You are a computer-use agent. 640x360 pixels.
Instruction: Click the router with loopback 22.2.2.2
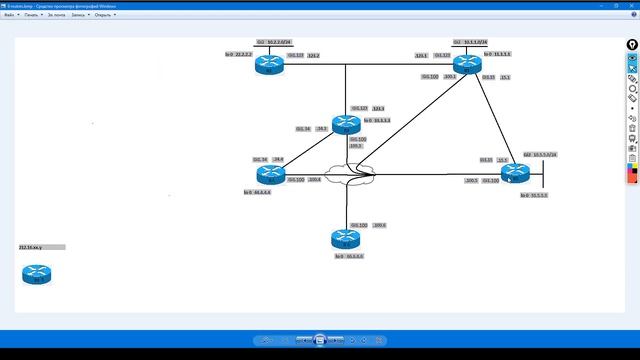pos(268,65)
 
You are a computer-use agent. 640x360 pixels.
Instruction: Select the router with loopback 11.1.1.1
pos(468,65)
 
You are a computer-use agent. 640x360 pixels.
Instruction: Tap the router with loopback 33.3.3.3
pos(345,124)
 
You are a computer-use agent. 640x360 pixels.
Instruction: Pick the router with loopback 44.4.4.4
pos(270,174)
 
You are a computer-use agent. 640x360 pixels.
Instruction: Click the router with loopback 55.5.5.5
pos(514,173)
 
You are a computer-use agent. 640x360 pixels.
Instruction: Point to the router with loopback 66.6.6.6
pos(345,238)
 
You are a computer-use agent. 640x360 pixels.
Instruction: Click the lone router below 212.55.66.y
pos(37,274)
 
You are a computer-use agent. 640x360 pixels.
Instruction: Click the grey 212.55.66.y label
pos(41,246)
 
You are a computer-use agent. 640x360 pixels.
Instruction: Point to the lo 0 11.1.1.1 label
pos(497,54)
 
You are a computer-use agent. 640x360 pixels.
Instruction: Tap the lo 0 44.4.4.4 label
pos(257,192)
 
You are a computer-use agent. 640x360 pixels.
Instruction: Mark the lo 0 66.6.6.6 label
pos(349,256)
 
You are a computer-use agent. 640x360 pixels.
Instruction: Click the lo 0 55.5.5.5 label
pos(533,195)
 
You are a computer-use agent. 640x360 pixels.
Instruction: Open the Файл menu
pos(9,15)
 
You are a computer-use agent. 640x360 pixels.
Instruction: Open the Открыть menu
pos(103,15)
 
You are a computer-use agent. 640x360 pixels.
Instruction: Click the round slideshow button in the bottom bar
pos(320,341)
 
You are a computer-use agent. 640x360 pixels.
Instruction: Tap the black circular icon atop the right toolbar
pos(632,45)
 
